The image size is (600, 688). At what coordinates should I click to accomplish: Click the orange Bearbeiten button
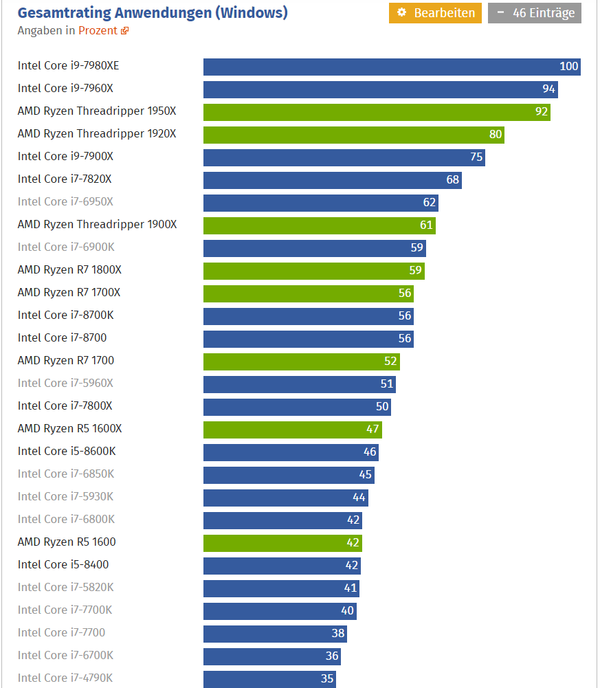[x=435, y=13]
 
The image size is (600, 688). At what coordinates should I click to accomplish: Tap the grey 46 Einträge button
[x=535, y=13]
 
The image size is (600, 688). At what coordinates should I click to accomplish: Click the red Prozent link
[x=98, y=30]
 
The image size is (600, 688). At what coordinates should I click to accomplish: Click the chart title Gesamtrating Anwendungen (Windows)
[x=153, y=12]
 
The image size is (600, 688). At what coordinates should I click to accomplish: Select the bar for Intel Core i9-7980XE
[x=392, y=67]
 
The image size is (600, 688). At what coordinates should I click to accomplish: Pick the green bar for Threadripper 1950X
[x=377, y=112]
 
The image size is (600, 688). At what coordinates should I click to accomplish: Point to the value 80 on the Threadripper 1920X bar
[x=496, y=135]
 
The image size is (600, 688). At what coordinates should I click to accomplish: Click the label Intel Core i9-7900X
[x=65, y=157]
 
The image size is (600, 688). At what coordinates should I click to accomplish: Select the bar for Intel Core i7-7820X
[x=332, y=180]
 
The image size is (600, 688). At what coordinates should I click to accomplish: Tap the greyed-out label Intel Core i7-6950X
[x=65, y=202]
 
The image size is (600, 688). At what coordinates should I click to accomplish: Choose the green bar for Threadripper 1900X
[x=319, y=225]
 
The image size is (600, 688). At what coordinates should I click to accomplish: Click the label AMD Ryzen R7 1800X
[x=69, y=270]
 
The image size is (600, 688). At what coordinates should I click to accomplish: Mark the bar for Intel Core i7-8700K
[x=308, y=316]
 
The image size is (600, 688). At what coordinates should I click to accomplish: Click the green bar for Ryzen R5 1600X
[x=292, y=430]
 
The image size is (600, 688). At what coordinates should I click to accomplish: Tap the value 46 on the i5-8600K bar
[x=370, y=452]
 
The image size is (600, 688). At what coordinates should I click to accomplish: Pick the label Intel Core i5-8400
[x=63, y=565]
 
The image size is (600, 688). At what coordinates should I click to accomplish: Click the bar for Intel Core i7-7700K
[x=280, y=611]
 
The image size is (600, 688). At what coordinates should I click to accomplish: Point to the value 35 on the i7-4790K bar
[x=327, y=679]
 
